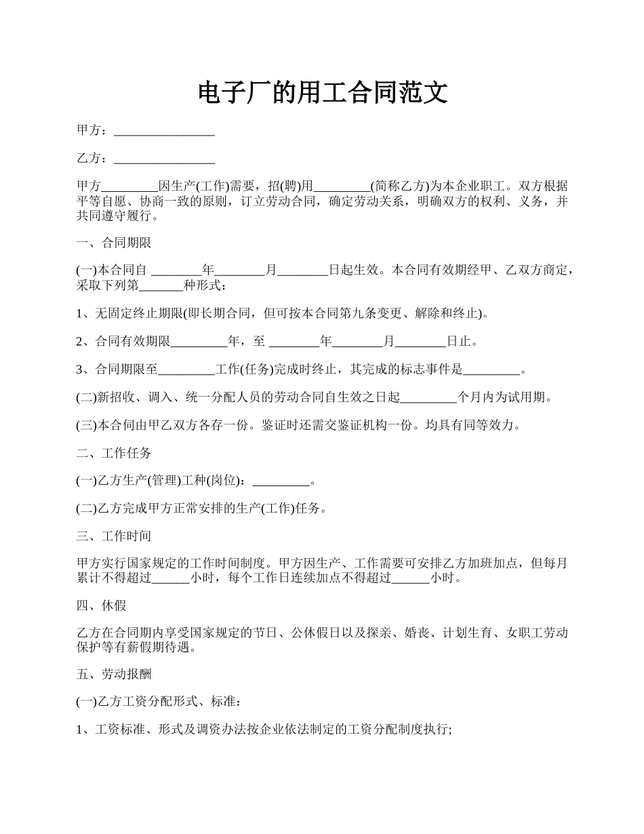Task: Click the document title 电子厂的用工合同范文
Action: pos(323,92)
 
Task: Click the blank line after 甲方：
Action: pos(164,131)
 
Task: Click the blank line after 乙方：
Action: pos(164,159)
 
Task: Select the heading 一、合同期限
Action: pos(114,243)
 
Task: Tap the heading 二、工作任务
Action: pos(114,453)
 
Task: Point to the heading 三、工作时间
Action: pos(114,536)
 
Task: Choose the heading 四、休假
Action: pos(102,605)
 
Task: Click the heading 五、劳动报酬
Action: pos(114,675)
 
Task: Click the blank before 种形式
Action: pos(161,285)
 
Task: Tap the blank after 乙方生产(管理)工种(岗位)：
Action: pos(281,481)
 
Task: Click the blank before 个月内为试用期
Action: pos(430,397)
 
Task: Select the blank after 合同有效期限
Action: pos(200,341)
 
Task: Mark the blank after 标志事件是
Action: pos(491,370)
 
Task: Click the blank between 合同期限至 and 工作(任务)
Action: pos(186,370)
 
